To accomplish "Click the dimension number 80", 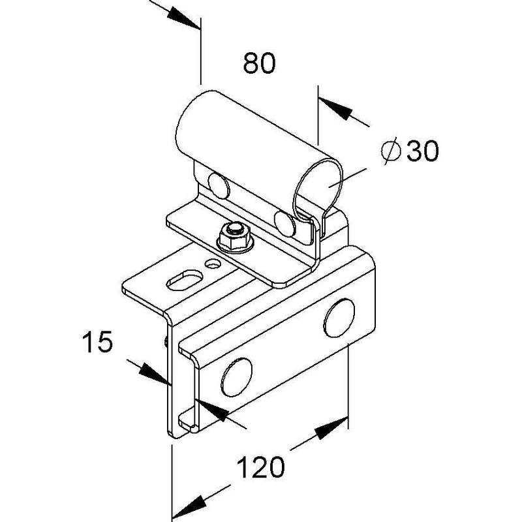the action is point(259,63).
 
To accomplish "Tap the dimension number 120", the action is point(260,467).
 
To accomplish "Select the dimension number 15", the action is point(97,342).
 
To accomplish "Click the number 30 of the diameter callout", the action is point(422,151).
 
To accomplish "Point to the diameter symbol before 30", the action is point(390,151).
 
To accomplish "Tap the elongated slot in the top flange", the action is point(185,280).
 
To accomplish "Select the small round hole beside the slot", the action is point(213,264).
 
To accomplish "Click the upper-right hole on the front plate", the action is point(339,318).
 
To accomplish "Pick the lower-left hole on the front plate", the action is point(236,377).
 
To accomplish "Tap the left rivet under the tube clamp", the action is point(219,186).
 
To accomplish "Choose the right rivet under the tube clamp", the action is point(284,223).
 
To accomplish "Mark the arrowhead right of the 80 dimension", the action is point(335,108).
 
